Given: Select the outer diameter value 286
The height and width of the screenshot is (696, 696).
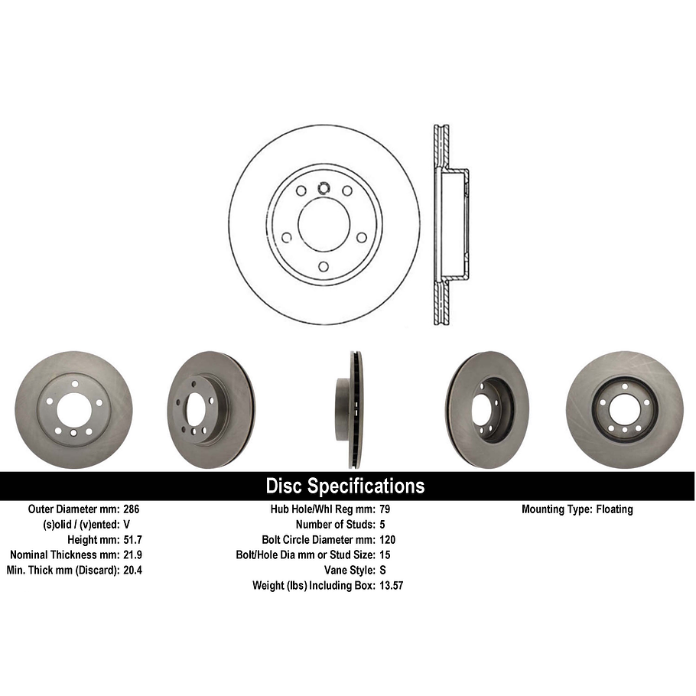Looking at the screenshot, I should pyautogui.click(x=132, y=509).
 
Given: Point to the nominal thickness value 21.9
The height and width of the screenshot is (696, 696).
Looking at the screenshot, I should pyautogui.click(x=133, y=555).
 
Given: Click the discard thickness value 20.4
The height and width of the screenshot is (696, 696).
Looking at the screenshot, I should pyautogui.click(x=133, y=571).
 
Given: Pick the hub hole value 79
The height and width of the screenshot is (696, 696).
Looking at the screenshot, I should pyautogui.click(x=385, y=509).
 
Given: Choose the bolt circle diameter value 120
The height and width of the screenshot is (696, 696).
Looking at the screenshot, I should pyautogui.click(x=389, y=540).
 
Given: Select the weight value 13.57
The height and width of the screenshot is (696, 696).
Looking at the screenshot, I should pyautogui.click(x=392, y=586).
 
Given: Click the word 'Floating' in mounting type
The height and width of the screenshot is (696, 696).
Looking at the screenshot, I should pyautogui.click(x=614, y=509).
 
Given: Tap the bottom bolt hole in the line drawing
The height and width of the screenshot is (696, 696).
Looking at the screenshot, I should pyautogui.click(x=324, y=266).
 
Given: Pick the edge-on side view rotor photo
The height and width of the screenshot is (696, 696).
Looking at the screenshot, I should pyautogui.click(x=350, y=409).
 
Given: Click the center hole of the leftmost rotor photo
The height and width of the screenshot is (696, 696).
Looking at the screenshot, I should pyautogui.click(x=73, y=410).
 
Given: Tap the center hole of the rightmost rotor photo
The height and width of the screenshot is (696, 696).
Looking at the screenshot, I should pyautogui.click(x=624, y=410).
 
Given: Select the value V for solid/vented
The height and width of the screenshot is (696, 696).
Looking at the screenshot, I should pyautogui.click(x=127, y=525).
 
